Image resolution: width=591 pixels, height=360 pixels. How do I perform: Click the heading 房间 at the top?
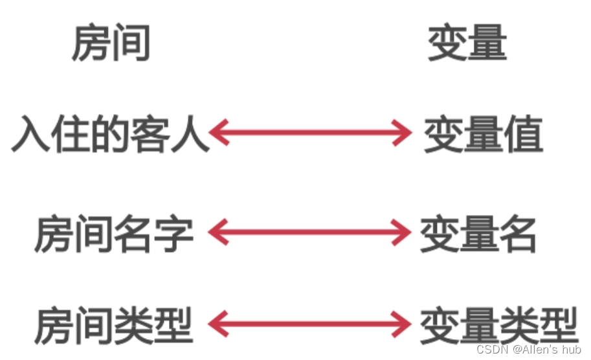(x=111, y=44)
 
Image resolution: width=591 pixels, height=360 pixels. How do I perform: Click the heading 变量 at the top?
(x=467, y=44)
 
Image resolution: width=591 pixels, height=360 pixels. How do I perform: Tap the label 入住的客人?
(x=110, y=134)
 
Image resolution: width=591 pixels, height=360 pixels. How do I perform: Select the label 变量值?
(x=483, y=135)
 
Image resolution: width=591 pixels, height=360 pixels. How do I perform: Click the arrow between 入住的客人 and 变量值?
(x=311, y=134)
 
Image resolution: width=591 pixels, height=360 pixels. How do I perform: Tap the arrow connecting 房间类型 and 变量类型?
(x=311, y=323)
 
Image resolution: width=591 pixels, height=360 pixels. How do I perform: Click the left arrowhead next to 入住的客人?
(x=218, y=134)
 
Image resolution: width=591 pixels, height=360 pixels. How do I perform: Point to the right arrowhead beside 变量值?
(x=404, y=134)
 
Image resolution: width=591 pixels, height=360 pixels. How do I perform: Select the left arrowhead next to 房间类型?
(x=218, y=323)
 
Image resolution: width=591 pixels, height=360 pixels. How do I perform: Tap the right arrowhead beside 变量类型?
(x=404, y=323)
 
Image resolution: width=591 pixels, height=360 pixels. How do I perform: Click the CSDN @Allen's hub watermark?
(x=530, y=350)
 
